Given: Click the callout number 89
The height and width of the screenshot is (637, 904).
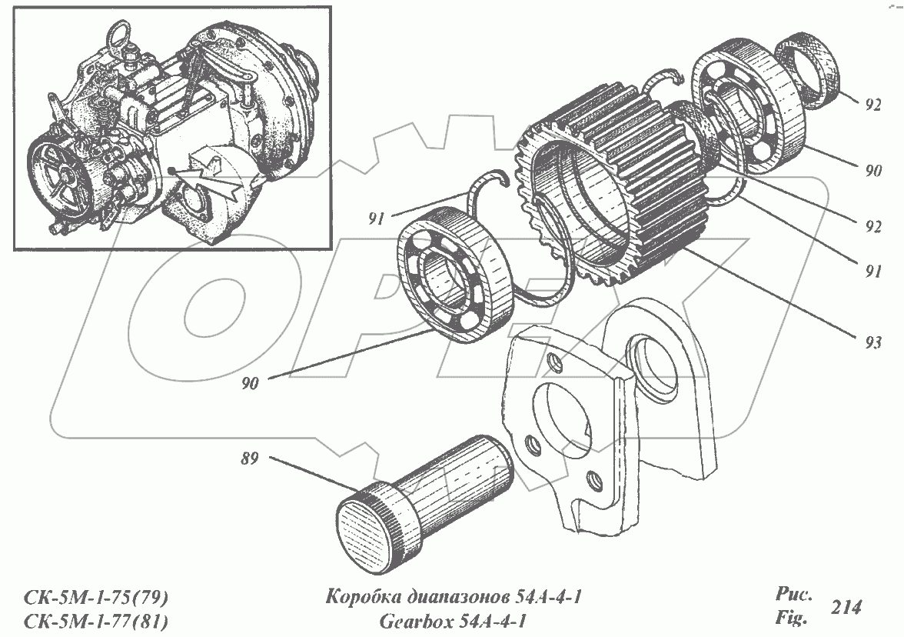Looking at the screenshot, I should pos(249,459).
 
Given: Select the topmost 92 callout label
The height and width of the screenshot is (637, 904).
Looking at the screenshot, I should pos(871,106).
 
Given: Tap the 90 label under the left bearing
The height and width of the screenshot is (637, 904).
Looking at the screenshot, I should pos(250,382).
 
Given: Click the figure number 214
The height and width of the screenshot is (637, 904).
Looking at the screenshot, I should pos(846,607).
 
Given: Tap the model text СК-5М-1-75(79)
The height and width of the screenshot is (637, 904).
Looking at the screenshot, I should pos(97,598).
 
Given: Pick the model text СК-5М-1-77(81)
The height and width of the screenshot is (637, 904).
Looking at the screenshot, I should pos(97,620).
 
